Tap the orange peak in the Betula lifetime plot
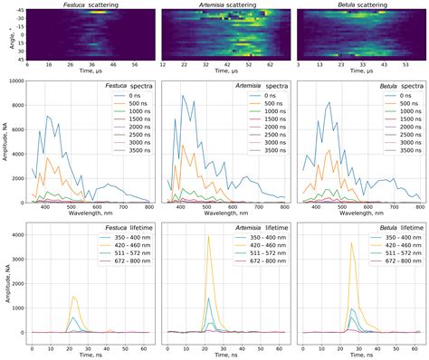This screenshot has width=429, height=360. (352, 243)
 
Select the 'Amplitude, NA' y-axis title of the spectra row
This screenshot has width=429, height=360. (5, 140)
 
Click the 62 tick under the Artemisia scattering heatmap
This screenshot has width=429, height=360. (264, 64)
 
